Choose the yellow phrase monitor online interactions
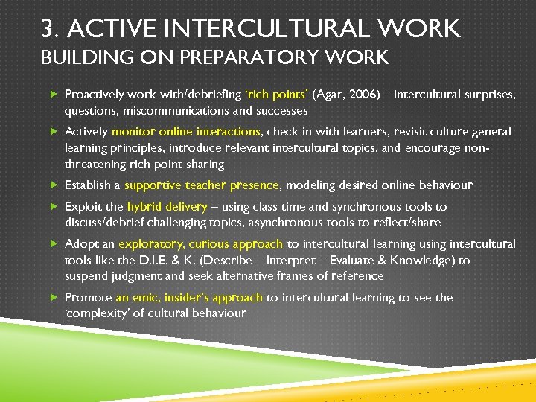[185, 132]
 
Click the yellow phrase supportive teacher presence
[201, 185]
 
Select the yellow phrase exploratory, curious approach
[201, 243]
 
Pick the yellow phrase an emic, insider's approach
[189, 297]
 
